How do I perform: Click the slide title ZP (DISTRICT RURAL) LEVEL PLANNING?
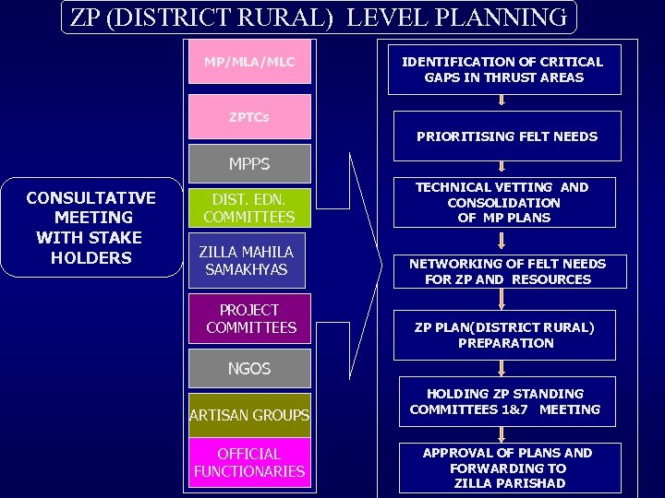319,17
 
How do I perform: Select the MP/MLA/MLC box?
249,63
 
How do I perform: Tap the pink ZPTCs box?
249,117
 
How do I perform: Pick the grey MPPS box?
249,164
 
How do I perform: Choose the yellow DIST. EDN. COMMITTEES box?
249,208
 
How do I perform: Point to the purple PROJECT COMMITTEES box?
249,319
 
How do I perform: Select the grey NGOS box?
249,368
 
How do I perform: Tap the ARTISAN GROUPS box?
249,415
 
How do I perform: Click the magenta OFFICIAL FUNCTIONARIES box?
249,463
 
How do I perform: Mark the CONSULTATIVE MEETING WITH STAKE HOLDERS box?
91,227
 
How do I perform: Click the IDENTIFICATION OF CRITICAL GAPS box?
503,69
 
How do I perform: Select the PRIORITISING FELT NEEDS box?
506,136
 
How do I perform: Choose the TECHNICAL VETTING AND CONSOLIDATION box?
503,202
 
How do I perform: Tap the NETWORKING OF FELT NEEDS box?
507,271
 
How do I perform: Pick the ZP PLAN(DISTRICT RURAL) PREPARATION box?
504,335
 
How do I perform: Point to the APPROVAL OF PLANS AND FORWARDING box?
507,468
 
